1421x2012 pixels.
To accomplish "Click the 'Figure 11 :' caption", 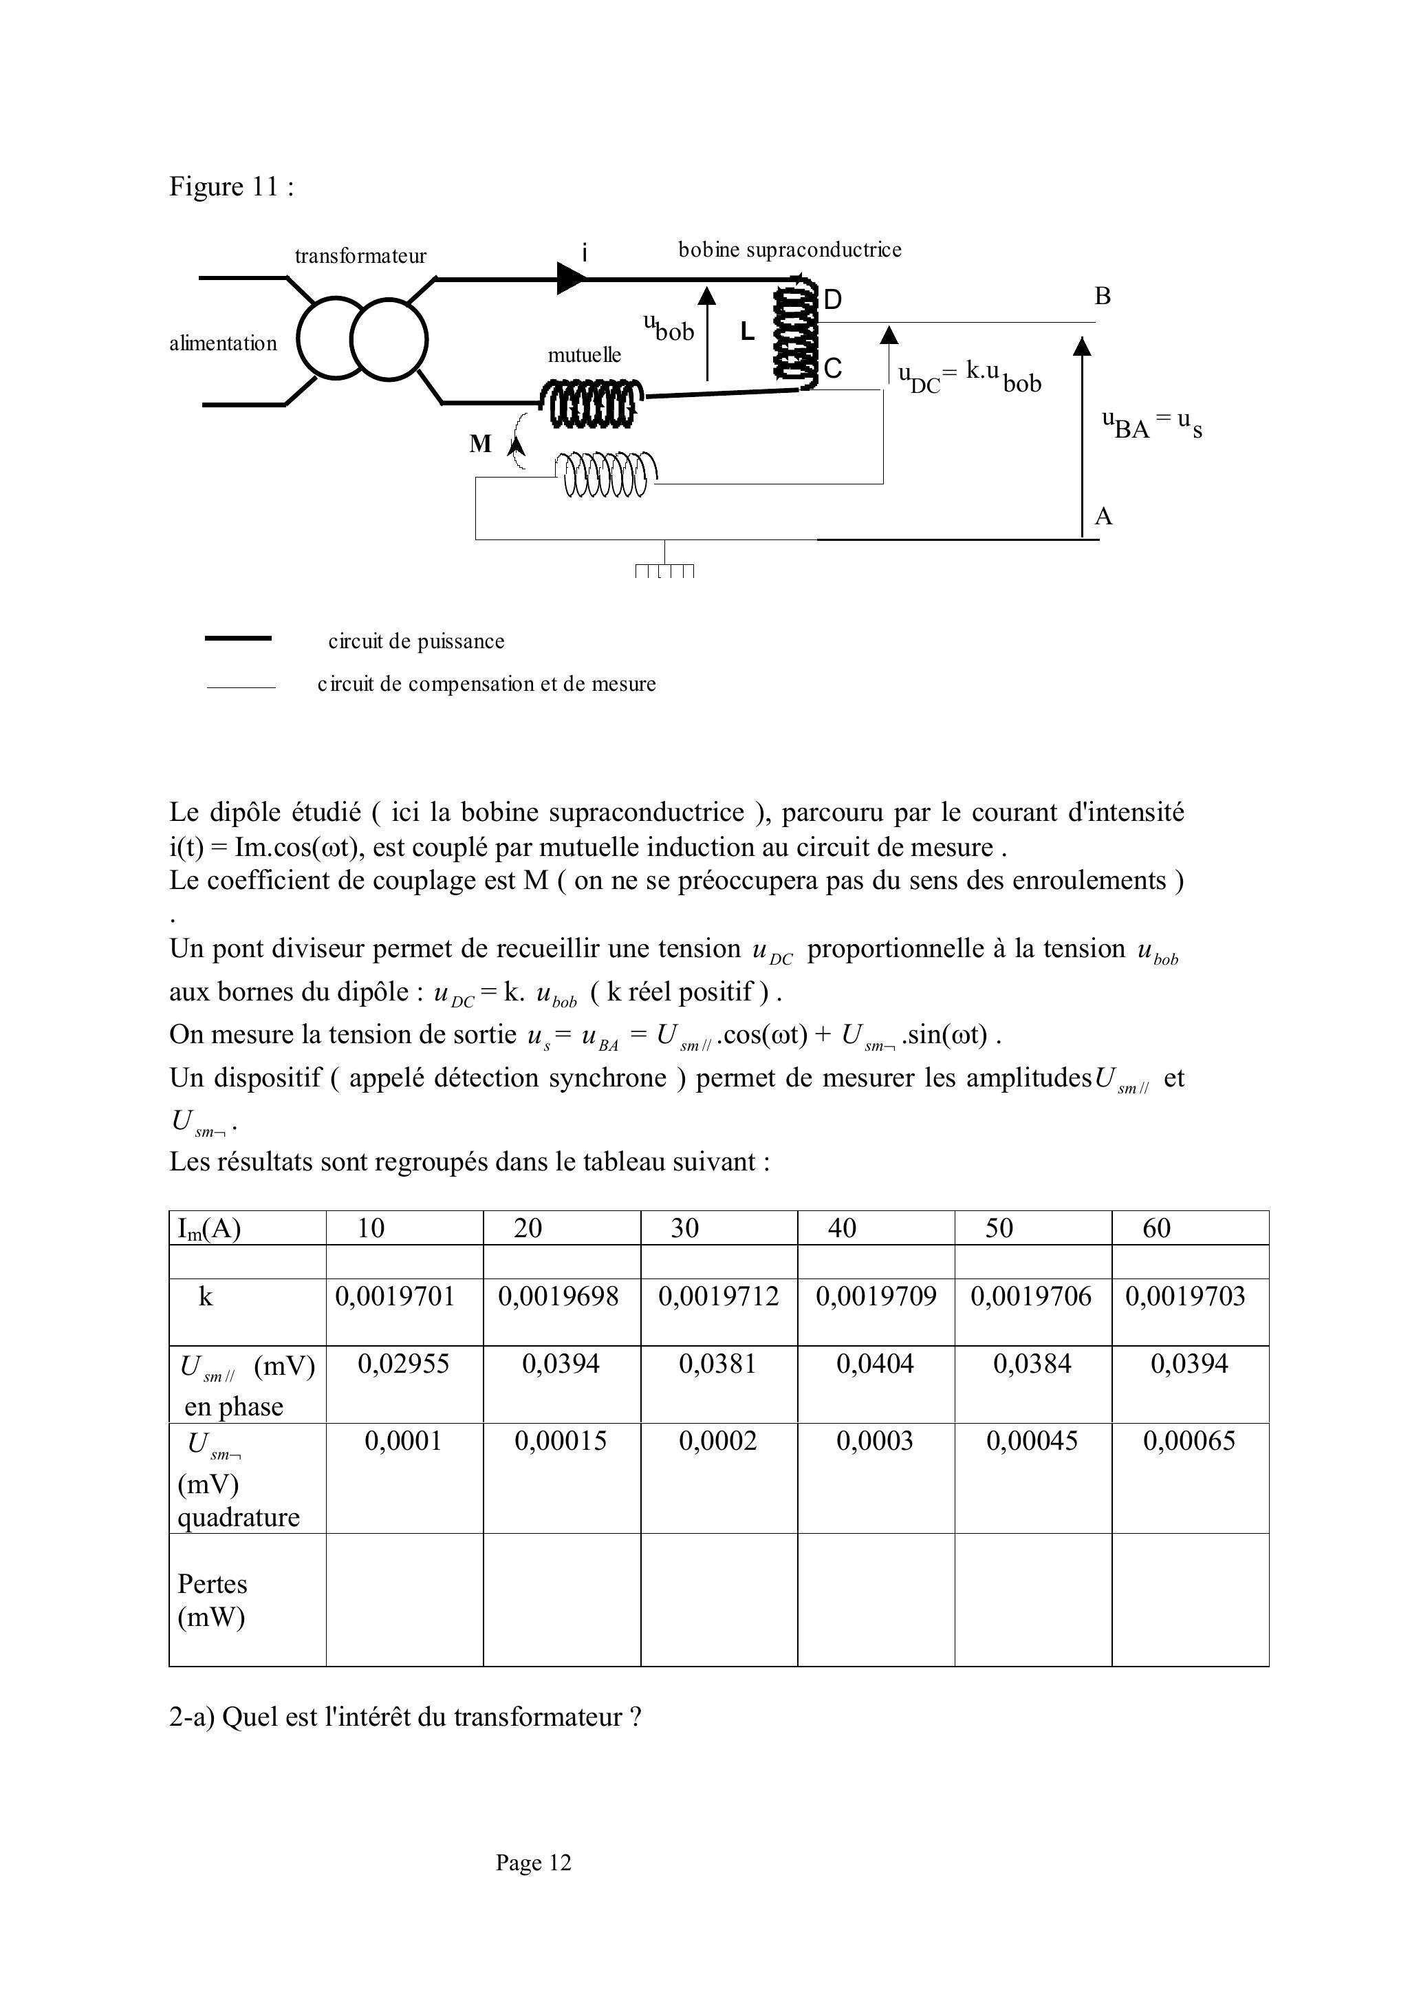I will click(231, 186).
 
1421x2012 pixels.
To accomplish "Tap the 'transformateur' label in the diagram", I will click(360, 256).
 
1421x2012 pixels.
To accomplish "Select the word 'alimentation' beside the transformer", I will click(223, 343).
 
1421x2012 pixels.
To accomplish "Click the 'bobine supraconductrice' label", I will click(790, 250).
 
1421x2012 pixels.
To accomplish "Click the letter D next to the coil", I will click(832, 301).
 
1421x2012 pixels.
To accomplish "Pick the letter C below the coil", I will click(832, 369).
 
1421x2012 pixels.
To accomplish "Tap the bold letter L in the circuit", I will click(746, 331).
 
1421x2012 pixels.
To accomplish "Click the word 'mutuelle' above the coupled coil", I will click(585, 355).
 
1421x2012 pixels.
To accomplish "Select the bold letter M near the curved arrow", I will click(480, 445).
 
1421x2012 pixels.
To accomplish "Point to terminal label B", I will click(1102, 296).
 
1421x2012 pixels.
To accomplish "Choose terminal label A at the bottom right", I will click(1103, 516).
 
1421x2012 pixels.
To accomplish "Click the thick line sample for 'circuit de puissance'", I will click(237, 639).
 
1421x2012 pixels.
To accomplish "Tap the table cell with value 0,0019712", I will click(718, 1296).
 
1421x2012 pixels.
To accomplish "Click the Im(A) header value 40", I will click(842, 1228).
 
